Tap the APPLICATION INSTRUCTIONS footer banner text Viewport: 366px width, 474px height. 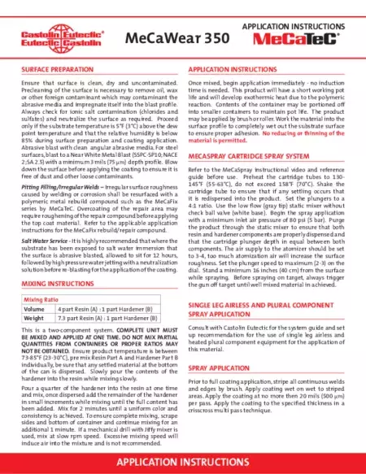pos(183,461)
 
